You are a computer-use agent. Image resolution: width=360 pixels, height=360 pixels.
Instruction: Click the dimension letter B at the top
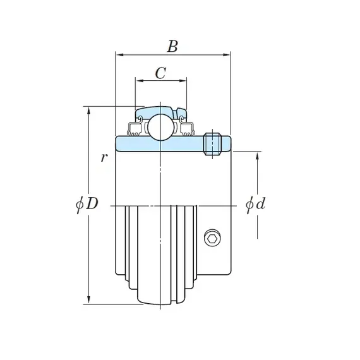pos(172,46)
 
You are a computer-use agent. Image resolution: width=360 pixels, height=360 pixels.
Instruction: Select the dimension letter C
pos(160,73)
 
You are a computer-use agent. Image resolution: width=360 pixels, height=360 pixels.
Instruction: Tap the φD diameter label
pos(87,203)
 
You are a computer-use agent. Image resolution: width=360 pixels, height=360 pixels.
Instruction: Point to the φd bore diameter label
pos(255,203)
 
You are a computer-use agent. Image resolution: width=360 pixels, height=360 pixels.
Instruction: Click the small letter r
pos(104,157)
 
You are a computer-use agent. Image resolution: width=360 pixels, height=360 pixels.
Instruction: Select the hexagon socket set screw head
pos(212,239)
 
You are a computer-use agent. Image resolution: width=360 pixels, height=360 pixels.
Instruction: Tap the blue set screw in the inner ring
pos(212,144)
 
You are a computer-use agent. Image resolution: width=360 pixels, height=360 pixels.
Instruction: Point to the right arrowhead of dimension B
pos(226,55)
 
